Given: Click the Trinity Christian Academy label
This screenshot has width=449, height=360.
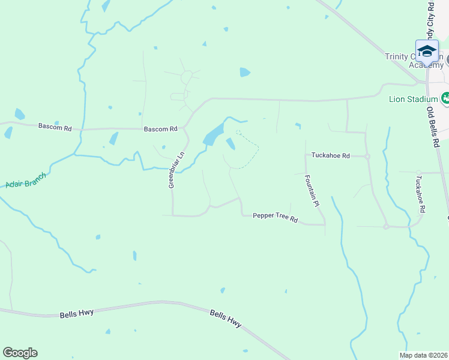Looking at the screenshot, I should pyautogui.click(x=414, y=61).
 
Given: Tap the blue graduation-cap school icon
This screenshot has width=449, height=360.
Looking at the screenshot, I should pyautogui.click(x=427, y=51).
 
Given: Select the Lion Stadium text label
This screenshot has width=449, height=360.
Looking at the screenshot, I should pyautogui.click(x=414, y=99).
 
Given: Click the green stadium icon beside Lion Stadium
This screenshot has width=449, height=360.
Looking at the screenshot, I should pyautogui.click(x=445, y=98).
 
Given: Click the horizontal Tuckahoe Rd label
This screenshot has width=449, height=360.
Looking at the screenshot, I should pyautogui.click(x=330, y=155).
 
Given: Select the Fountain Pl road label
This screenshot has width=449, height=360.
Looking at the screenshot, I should pyautogui.click(x=310, y=191).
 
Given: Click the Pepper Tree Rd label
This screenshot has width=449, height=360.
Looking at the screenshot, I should pyautogui.click(x=275, y=217).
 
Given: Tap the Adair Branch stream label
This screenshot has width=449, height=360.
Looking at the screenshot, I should pyautogui.click(x=25, y=180).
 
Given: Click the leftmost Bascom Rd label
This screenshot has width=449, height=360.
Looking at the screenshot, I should pyautogui.click(x=55, y=127).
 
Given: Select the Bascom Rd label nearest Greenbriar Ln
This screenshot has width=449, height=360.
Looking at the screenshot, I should pyautogui.click(x=160, y=128).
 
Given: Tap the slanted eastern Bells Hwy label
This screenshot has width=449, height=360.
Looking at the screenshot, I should pyautogui.click(x=226, y=318).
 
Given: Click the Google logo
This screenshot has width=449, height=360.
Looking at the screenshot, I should pyautogui.click(x=20, y=353).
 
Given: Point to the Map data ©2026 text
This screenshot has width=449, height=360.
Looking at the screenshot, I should pyautogui.click(x=424, y=355).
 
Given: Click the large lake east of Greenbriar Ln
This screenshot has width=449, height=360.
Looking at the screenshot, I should pyautogui.click(x=213, y=134).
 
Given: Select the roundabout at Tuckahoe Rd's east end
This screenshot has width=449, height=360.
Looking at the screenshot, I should pyautogui.click(x=367, y=156).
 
